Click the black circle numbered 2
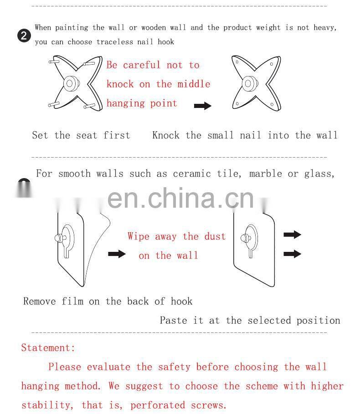(24, 36)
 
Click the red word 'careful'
(142, 65)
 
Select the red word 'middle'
(194, 84)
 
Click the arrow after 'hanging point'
(203, 106)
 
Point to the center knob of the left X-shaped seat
(71, 83)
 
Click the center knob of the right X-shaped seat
(250, 83)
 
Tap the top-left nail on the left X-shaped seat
(54, 61)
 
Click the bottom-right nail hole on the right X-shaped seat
(272, 104)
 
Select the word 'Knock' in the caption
(166, 135)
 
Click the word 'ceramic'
(192, 174)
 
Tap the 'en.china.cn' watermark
(180, 198)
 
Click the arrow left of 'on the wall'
(117, 254)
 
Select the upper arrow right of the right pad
(292, 235)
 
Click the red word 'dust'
(215, 236)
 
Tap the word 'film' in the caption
(72, 301)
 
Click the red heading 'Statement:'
(48, 348)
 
